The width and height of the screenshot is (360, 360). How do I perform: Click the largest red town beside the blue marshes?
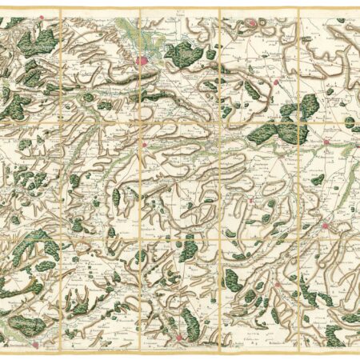pyautogui.click(x=145, y=61)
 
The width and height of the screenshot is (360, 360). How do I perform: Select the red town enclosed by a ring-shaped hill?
pyautogui.click(x=254, y=23)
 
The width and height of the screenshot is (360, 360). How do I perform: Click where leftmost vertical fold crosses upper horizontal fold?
pyautogui.click(x=61, y=122)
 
